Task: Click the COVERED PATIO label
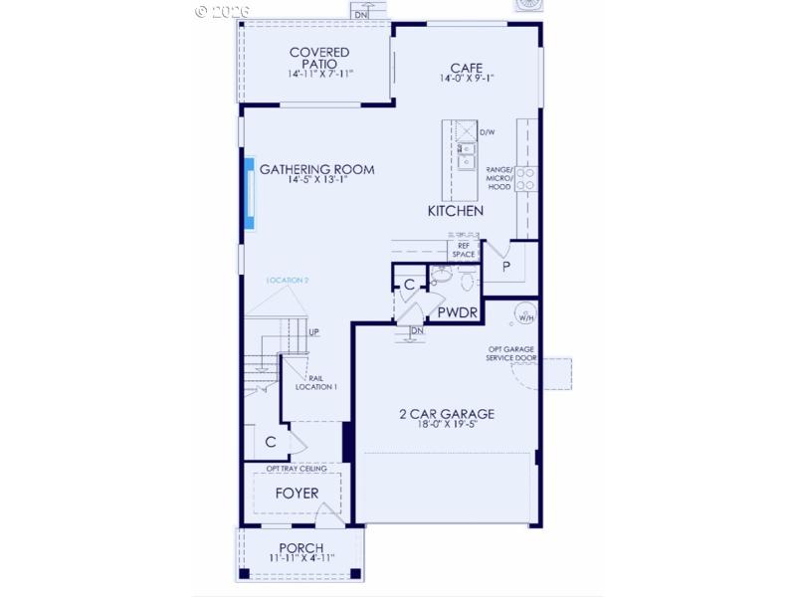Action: (318, 58)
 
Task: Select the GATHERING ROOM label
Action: (317, 170)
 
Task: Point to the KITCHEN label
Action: (456, 211)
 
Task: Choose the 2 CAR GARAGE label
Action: (447, 414)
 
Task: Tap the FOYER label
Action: (297, 494)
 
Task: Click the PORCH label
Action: (302, 548)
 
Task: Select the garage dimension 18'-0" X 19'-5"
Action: (447, 426)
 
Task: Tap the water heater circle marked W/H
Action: (523, 317)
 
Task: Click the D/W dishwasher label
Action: (487, 132)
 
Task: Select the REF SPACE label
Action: (464, 250)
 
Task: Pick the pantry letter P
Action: (505, 268)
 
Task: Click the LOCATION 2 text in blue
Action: (288, 282)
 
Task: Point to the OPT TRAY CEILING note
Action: (296, 469)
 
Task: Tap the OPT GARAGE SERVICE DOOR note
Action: (513, 354)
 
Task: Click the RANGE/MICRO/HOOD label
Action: (498, 177)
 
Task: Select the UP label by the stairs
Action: (313, 332)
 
